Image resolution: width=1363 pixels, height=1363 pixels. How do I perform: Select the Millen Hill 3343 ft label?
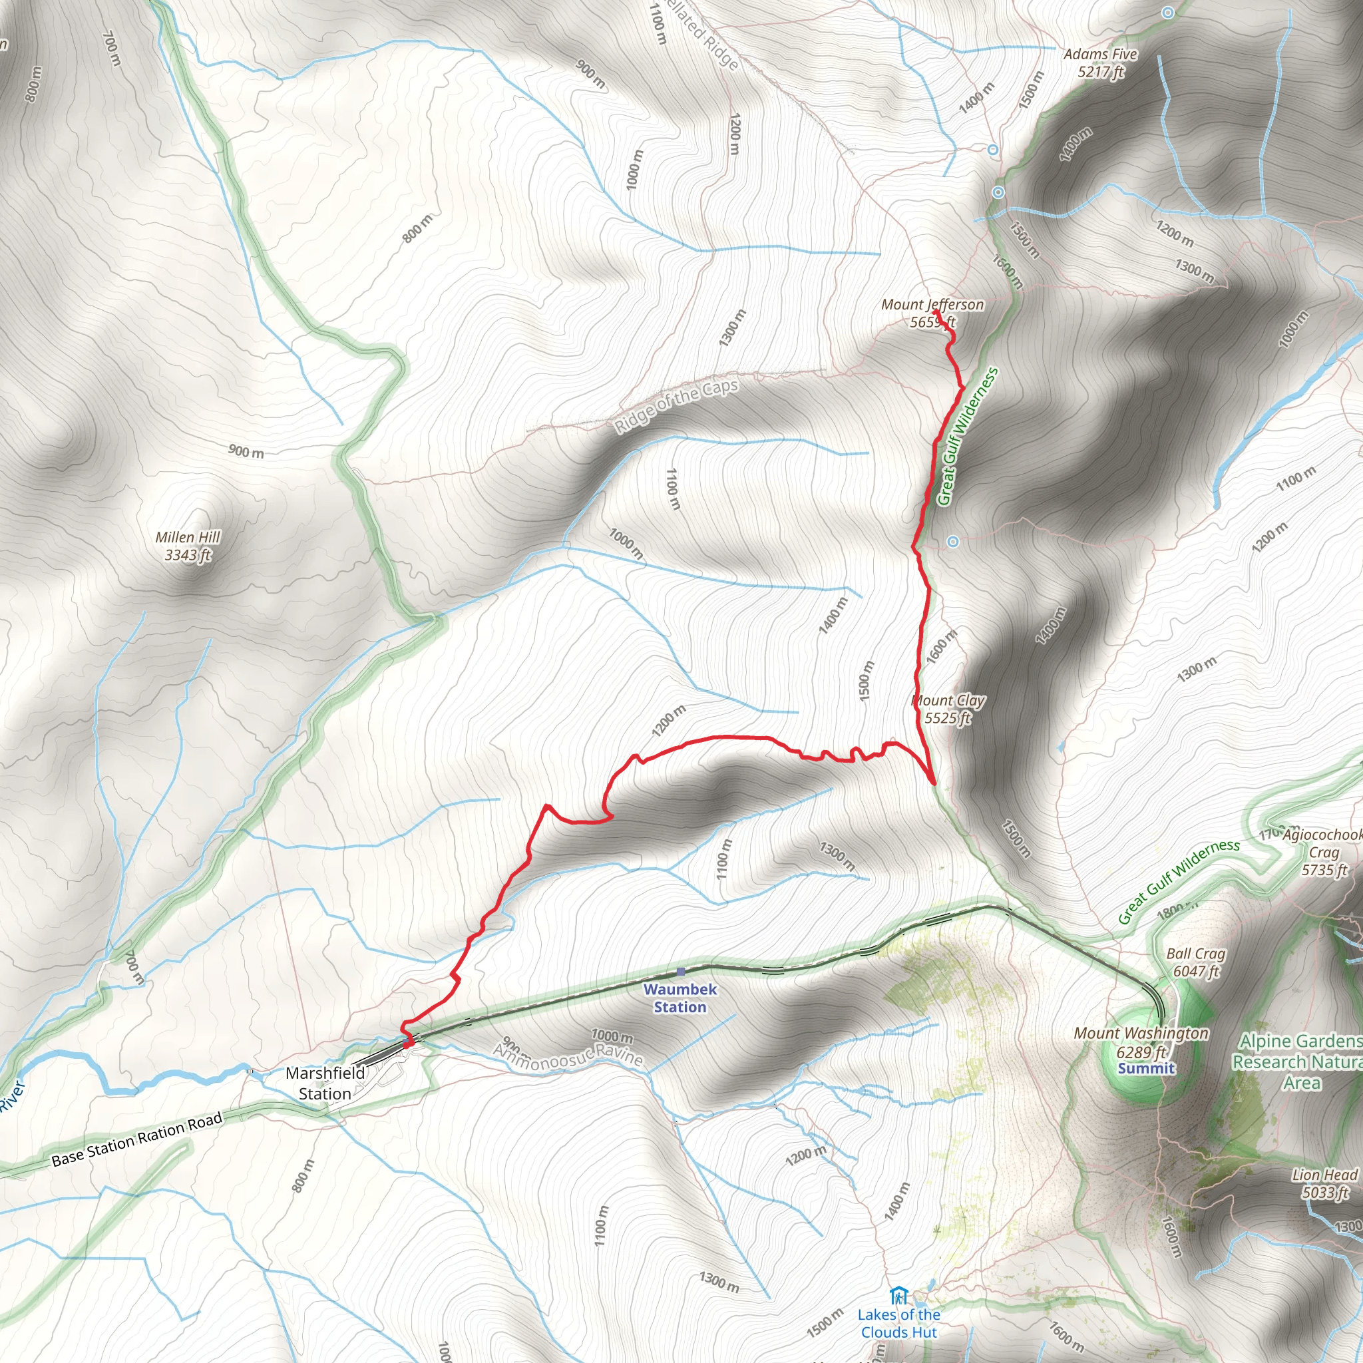(188, 546)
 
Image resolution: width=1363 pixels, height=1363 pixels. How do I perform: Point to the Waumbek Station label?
(680, 998)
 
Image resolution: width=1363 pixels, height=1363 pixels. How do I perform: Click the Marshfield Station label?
(325, 1083)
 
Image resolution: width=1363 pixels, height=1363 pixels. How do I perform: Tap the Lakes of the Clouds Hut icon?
(898, 1295)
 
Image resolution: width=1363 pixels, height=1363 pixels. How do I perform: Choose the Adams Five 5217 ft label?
(1100, 63)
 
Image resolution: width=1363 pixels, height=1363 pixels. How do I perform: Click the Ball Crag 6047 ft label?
(1196, 962)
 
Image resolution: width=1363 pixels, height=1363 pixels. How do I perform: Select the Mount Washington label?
(1141, 1034)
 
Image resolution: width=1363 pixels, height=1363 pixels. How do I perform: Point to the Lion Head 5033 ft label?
(1324, 1183)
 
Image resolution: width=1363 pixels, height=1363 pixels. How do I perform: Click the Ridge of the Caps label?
(676, 406)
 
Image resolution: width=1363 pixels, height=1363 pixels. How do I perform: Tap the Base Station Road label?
(137, 1139)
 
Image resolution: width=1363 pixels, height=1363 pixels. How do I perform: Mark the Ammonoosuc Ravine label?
(568, 1055)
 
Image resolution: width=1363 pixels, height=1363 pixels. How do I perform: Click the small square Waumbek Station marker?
(680, 972)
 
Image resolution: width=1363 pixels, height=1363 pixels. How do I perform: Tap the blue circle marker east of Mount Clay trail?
(953, 542)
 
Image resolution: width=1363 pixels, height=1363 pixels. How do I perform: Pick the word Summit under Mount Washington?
(1146, 1068)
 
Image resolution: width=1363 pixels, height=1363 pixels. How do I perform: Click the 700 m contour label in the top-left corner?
(111, 49)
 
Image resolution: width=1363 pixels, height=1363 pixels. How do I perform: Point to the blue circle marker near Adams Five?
(1168, 13)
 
